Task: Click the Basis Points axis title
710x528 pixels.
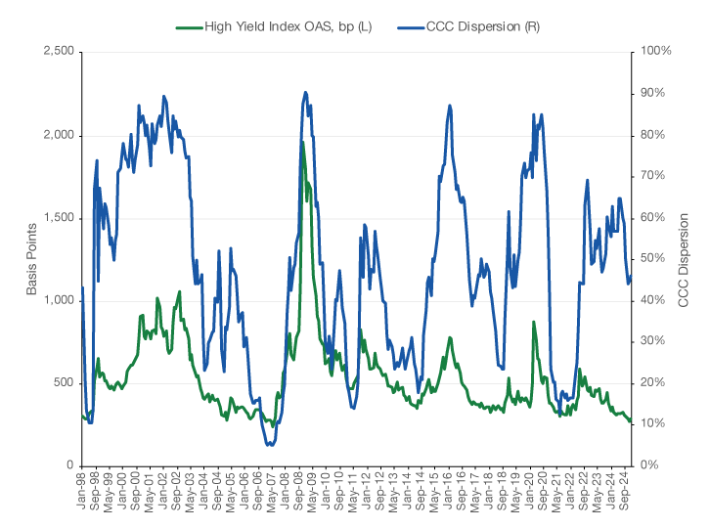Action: coord(31,258)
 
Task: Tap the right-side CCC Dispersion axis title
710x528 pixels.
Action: coord(685,258)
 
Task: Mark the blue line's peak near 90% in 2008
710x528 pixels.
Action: coord(306,93)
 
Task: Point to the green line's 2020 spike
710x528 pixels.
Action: coord(533,322)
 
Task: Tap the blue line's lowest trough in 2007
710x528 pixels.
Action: coord(270,445)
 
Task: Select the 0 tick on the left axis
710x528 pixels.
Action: coord(69,465)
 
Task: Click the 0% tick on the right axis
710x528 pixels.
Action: coord(650,465)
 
